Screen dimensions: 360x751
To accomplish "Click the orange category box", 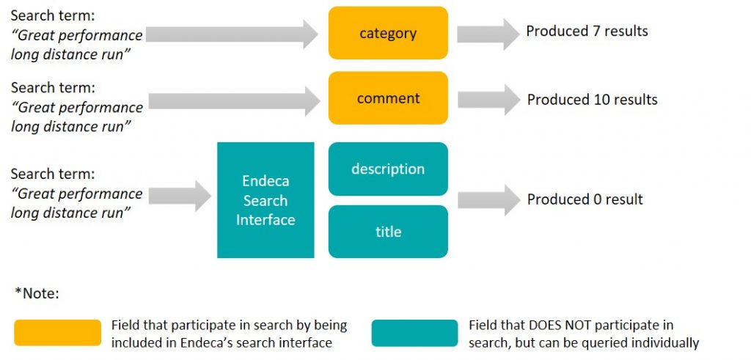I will point(388,33).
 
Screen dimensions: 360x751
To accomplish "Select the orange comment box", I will point(388,98).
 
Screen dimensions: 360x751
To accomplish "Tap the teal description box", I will point(388,169).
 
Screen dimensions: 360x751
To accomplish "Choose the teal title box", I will point(388,232).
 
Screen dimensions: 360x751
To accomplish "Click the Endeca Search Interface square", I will point(265,200).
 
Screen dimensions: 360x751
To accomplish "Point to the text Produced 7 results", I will point(587,32).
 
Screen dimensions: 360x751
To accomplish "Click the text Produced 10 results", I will point(592,100).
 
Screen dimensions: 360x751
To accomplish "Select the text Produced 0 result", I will point(585,199).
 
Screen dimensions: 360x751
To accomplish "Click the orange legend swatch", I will point(57,333).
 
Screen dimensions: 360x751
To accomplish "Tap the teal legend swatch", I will point(414,333).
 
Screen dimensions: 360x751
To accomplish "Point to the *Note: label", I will point(37,293).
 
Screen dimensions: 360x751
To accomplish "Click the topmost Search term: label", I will point(53,15).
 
